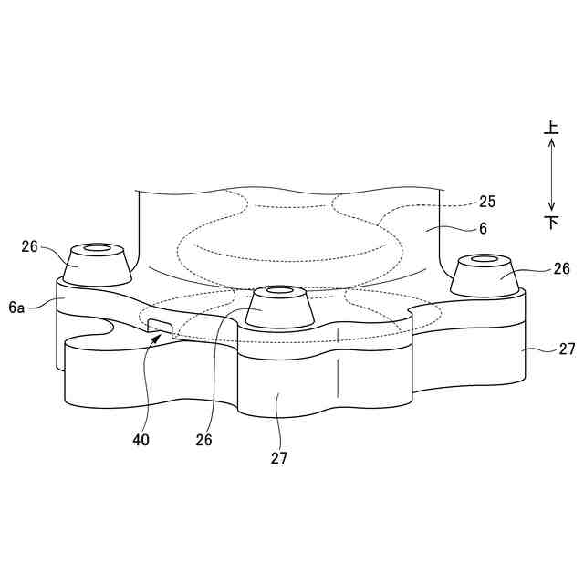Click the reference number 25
point(487,202)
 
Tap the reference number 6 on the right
point(483,228)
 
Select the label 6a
point(16,308)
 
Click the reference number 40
point(141,440)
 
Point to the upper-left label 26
point(29,246)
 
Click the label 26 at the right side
point(561,268)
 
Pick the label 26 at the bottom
point(203,440)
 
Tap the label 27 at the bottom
point(279,458)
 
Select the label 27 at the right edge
point(567,349)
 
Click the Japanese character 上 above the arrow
point(551,128)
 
